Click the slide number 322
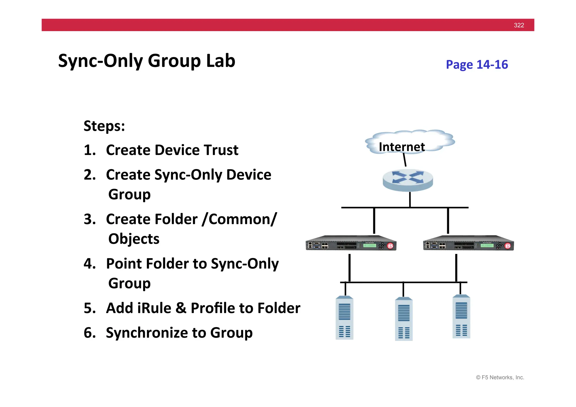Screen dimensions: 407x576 click(519, 25)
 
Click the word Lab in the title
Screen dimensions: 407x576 click(220, 61)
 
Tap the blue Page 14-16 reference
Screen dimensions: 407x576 click(477, 65)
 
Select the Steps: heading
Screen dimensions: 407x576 click(104, 126)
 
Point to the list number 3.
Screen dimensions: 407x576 click(89, 219)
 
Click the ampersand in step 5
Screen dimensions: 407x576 click(181, 308)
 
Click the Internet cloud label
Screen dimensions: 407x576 click(402, 147)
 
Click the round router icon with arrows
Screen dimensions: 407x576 click(408, 180)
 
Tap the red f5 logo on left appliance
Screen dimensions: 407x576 click(390, 246)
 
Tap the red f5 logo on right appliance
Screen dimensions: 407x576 click(507, 246)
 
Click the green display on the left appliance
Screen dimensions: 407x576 click(370, 245)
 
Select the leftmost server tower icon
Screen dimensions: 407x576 click(344, 318)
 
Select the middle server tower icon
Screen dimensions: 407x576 click(404, 319)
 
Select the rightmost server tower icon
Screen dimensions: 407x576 click(461, 316)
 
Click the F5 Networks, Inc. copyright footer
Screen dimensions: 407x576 click(500, 377)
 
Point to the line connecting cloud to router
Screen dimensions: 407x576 click(404, 160)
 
